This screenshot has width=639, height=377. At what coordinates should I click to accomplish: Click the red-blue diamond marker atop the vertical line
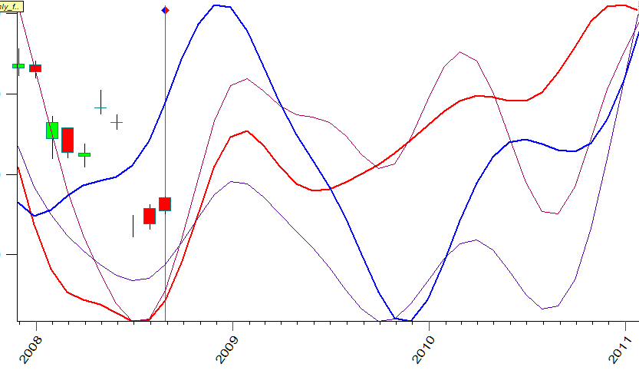(165, 10)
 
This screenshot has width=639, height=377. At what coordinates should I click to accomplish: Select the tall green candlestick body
(52, 130)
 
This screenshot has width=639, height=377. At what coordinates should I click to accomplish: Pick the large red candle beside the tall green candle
(68, 140)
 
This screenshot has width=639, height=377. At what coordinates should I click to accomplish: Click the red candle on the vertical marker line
(165, 203)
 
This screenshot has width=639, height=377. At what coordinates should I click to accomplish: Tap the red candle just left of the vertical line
(150, 216)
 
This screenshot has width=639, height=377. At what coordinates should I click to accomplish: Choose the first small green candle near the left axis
(18, 66)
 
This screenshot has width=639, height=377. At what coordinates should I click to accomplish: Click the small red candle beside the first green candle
(35, 68)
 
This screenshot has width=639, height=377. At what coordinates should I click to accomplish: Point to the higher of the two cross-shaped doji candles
(100, 107)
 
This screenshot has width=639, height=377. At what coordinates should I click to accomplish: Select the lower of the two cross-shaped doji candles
(117, 121)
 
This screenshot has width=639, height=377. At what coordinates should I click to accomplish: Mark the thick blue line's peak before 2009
(218, 5)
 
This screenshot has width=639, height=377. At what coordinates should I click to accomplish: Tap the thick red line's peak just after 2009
(245, 131)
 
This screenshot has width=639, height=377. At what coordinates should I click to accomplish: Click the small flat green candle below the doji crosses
(84, 154)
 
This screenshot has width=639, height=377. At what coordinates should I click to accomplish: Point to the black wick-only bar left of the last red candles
(133, 226)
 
